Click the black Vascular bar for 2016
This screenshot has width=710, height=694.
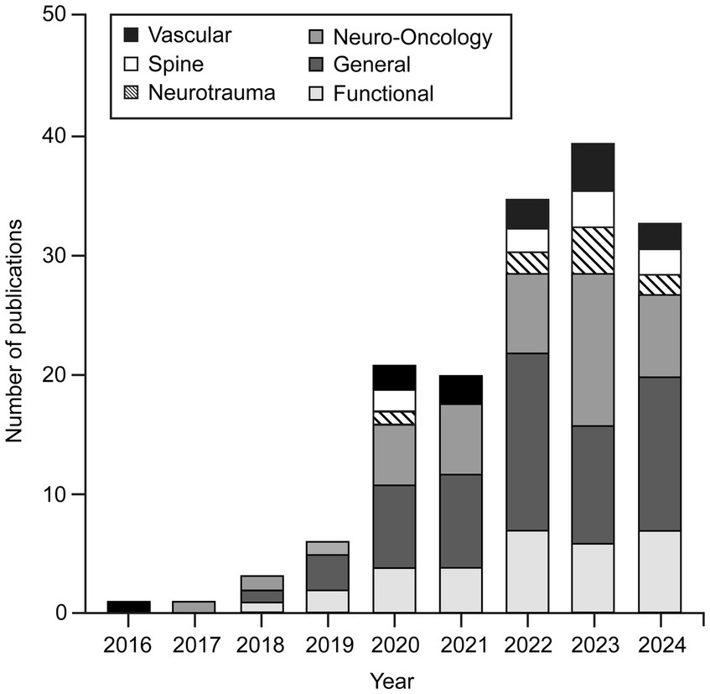129,607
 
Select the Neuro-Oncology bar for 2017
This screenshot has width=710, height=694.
194,607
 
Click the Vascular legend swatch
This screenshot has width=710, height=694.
131,35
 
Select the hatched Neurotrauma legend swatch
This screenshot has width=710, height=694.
131,92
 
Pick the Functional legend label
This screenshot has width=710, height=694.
383,93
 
